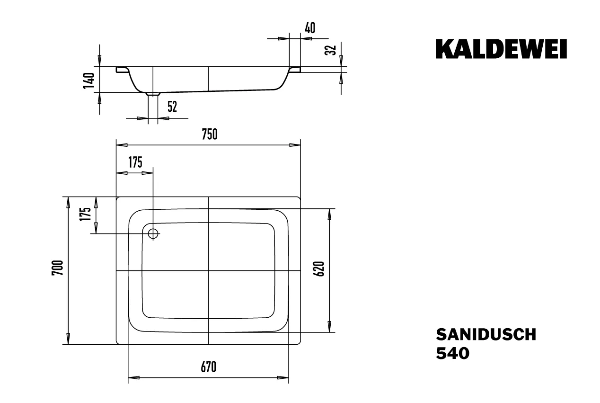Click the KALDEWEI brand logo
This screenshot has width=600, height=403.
pyautogui.click(x=501, y=49)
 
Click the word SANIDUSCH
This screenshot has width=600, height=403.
pyautogui.click(x=486, y=334)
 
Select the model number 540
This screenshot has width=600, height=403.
pyautogui.click(x=452, y=353)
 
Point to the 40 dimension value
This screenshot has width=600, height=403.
pyautogui.click(x=310, y=28)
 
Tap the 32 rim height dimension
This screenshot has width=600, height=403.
pyautogui.click(x=332, y=50)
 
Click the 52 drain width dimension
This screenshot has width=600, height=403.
pyautogui.click(x=172, y=107)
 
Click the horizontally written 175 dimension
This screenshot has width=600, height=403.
pyautogui.click(x=135, y=162)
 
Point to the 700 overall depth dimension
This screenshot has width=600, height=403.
pyautogui.click(x=57, y=269)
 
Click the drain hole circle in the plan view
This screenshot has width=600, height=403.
pyautogui.click(x=153, y=233)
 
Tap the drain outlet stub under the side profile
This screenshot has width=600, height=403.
pyautogui.click(x=153, y=94)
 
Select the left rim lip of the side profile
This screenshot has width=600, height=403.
pyautogui.click(x=122, y=70)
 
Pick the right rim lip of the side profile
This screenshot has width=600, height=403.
pyautogui.click(x=295, y=70)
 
